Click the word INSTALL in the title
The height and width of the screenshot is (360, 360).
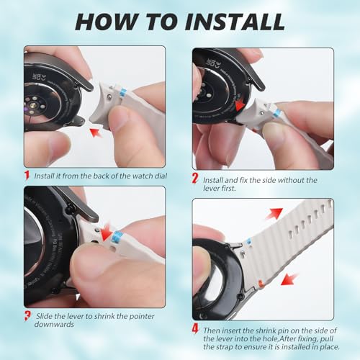point(235,22)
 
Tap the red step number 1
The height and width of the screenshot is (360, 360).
point(27,175)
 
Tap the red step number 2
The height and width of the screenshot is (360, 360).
point(195,179)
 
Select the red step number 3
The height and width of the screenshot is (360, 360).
point(27,315)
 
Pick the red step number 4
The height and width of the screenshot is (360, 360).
point(195,328)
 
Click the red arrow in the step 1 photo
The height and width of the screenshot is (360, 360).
point(96,132)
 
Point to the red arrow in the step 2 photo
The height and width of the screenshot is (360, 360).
point(240,106)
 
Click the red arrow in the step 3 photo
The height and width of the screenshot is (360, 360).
point(106,232)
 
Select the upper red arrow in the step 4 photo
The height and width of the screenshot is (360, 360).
point(274,213)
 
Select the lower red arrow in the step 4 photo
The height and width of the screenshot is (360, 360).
point(289,279)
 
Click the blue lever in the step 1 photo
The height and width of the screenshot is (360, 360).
point(123,91)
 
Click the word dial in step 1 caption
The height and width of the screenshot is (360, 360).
point(161,176)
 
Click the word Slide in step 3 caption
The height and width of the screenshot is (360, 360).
point(44,316)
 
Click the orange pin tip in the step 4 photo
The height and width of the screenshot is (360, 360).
point(261,283)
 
